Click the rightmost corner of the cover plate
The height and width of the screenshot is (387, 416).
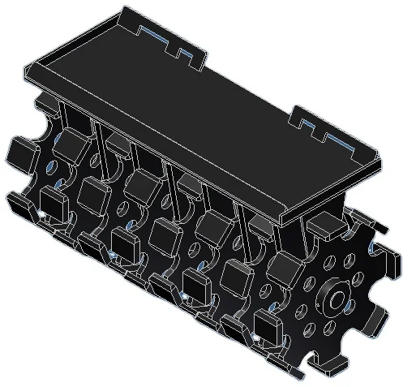[x=380, y=159]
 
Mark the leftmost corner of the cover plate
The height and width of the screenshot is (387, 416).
[x=27, y=73]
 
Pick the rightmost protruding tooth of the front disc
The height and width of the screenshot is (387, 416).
[x=392, y=262]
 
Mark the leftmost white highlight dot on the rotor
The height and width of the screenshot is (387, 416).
[x=41, y=213]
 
